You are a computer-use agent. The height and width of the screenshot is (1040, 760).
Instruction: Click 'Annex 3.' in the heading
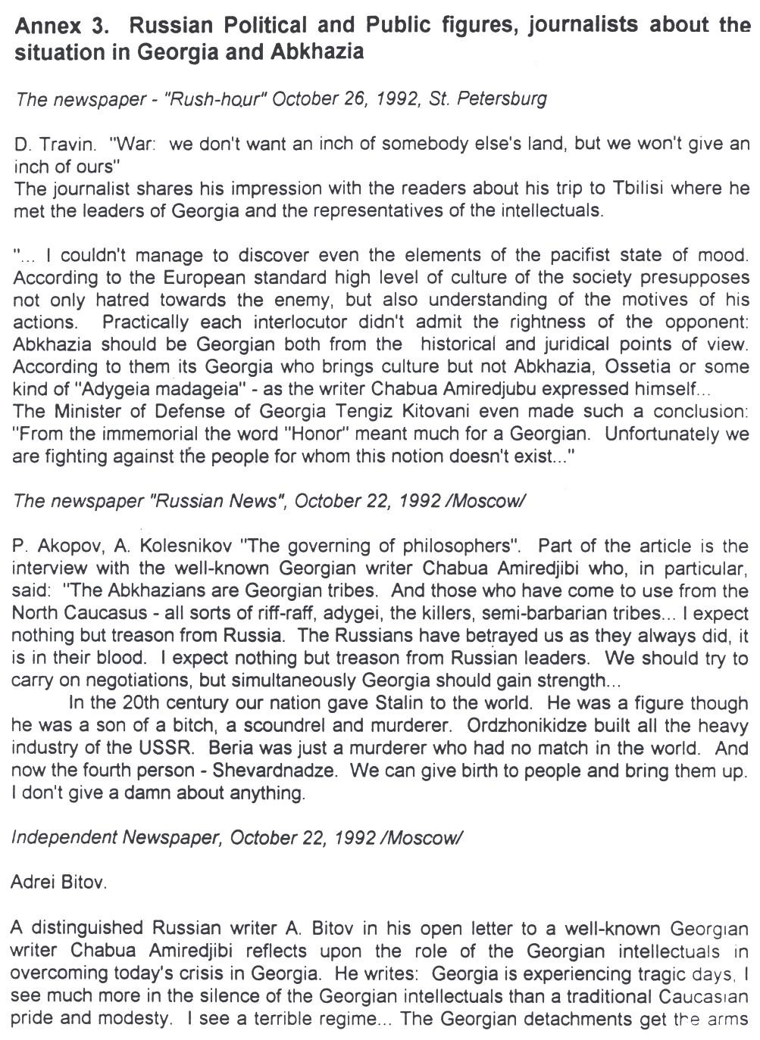[61, 26]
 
